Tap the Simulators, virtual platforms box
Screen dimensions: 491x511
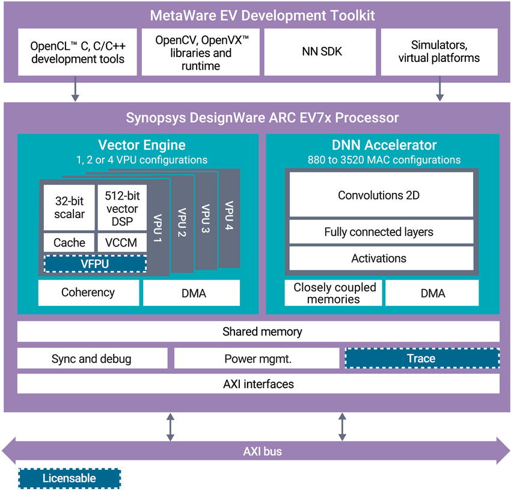445,52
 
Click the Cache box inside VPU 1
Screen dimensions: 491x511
69,243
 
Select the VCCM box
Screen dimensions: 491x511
121,243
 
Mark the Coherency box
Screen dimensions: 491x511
88,293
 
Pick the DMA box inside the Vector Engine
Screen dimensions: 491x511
191,293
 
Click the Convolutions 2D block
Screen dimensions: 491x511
378,195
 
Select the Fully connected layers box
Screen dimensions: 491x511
378,232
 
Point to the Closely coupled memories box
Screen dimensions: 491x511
334,293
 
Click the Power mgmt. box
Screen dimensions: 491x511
257,359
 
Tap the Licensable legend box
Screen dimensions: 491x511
69,478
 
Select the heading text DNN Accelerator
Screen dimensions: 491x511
384,145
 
